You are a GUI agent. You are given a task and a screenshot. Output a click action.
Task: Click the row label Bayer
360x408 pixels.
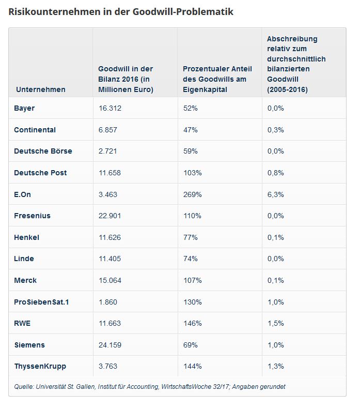pos(24,108)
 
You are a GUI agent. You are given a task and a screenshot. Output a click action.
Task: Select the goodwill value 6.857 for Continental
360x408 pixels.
pos(107,130)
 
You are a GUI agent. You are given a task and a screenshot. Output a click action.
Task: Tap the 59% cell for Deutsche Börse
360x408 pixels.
pos(190,151)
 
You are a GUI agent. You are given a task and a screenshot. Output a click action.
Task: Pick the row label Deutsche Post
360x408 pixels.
pos(40,173)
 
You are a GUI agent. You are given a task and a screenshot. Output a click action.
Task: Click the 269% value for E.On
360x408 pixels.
pos(192,194)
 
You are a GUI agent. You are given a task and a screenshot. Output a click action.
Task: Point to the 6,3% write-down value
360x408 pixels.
pos(275,194)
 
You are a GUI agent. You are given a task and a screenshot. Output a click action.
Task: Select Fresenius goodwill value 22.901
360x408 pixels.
pos(109,216)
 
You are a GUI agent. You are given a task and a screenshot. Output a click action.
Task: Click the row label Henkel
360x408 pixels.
pos(26,237)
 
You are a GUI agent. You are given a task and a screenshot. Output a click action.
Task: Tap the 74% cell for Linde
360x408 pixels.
pos(190,259)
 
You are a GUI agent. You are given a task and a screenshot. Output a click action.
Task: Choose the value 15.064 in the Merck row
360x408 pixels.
pos(109,280)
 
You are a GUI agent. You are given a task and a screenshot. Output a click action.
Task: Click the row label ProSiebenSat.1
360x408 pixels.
pos(41,302)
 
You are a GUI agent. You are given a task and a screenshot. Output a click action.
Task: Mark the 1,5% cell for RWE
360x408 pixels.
pos(275,323)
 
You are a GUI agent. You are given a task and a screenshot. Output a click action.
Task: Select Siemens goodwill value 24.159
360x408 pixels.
pos(109,345)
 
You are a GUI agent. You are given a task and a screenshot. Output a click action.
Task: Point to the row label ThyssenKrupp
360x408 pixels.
pos(40,366)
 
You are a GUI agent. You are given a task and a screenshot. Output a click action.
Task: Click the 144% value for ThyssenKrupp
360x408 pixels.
pos(192,366)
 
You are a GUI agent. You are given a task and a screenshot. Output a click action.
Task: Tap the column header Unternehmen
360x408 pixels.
pos(41,89)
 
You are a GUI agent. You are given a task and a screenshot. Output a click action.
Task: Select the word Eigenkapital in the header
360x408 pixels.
pos(205,89)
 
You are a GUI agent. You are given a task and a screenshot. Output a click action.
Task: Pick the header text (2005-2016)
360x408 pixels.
pos(287,90)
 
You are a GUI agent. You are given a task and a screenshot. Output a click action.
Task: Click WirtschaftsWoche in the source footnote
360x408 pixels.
pos(186,387)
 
